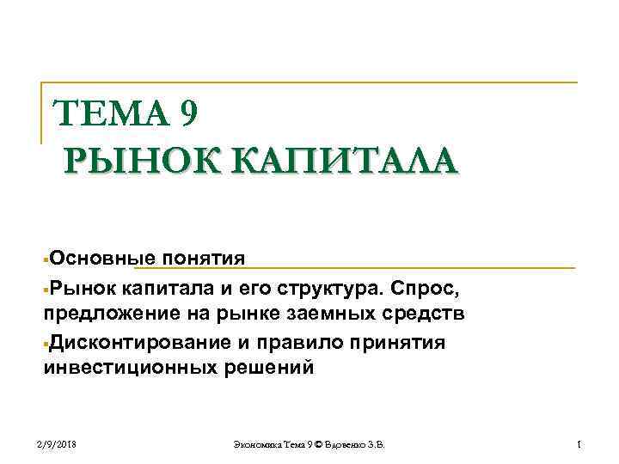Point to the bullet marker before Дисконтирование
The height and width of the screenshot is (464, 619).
(x=46, y=344)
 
